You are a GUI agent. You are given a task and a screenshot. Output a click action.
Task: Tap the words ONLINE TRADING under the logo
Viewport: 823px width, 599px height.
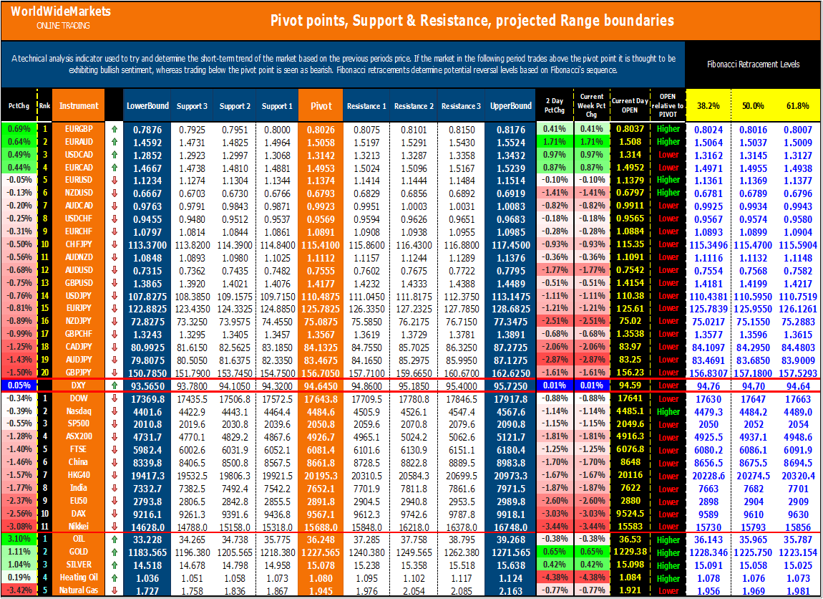click(63, 26)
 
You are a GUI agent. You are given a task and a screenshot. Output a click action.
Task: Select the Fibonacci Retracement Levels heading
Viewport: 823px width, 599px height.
click(754, 64)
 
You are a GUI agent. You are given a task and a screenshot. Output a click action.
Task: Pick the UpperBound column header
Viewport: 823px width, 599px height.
click(511, 106)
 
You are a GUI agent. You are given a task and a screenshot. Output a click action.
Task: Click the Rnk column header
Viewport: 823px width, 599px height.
click(44, 106)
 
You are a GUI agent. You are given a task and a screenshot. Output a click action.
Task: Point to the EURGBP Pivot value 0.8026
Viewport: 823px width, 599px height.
click(321, 130)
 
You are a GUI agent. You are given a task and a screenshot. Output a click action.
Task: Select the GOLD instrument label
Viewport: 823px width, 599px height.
click(79, 552)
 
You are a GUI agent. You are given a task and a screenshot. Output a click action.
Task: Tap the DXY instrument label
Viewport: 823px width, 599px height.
click(79, 385)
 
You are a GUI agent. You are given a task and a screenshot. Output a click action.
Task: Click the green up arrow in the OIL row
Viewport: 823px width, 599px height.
click(114, 540)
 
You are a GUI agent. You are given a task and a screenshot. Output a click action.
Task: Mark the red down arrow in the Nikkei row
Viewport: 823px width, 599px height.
click(114, 527)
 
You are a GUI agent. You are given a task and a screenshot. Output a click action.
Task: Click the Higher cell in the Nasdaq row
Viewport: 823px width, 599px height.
click(668, 411)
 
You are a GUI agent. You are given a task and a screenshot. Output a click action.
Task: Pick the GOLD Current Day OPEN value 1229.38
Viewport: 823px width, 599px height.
click(630, 552)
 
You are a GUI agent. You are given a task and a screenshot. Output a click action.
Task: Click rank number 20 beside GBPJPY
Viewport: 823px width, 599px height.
click(44, 373)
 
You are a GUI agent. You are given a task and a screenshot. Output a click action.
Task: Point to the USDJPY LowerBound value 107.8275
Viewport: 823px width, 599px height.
click(147, 296)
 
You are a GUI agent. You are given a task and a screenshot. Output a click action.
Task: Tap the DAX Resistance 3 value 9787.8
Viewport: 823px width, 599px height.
click(461, 514)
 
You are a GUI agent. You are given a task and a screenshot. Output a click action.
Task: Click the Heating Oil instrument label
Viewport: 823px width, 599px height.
click(79, 578)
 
